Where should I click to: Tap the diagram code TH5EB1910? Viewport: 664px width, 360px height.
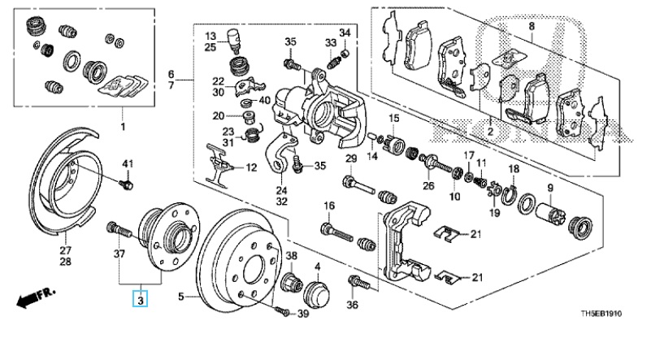601,314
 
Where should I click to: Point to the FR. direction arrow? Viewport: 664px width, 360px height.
36,297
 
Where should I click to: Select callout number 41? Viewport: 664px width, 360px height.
128,164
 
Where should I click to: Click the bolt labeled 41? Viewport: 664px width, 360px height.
127,184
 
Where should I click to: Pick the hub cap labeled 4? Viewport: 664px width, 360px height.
317,293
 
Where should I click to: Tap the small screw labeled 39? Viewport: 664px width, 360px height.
281,312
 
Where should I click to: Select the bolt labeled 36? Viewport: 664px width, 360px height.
358,283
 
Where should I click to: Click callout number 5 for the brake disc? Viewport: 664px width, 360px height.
181,297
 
